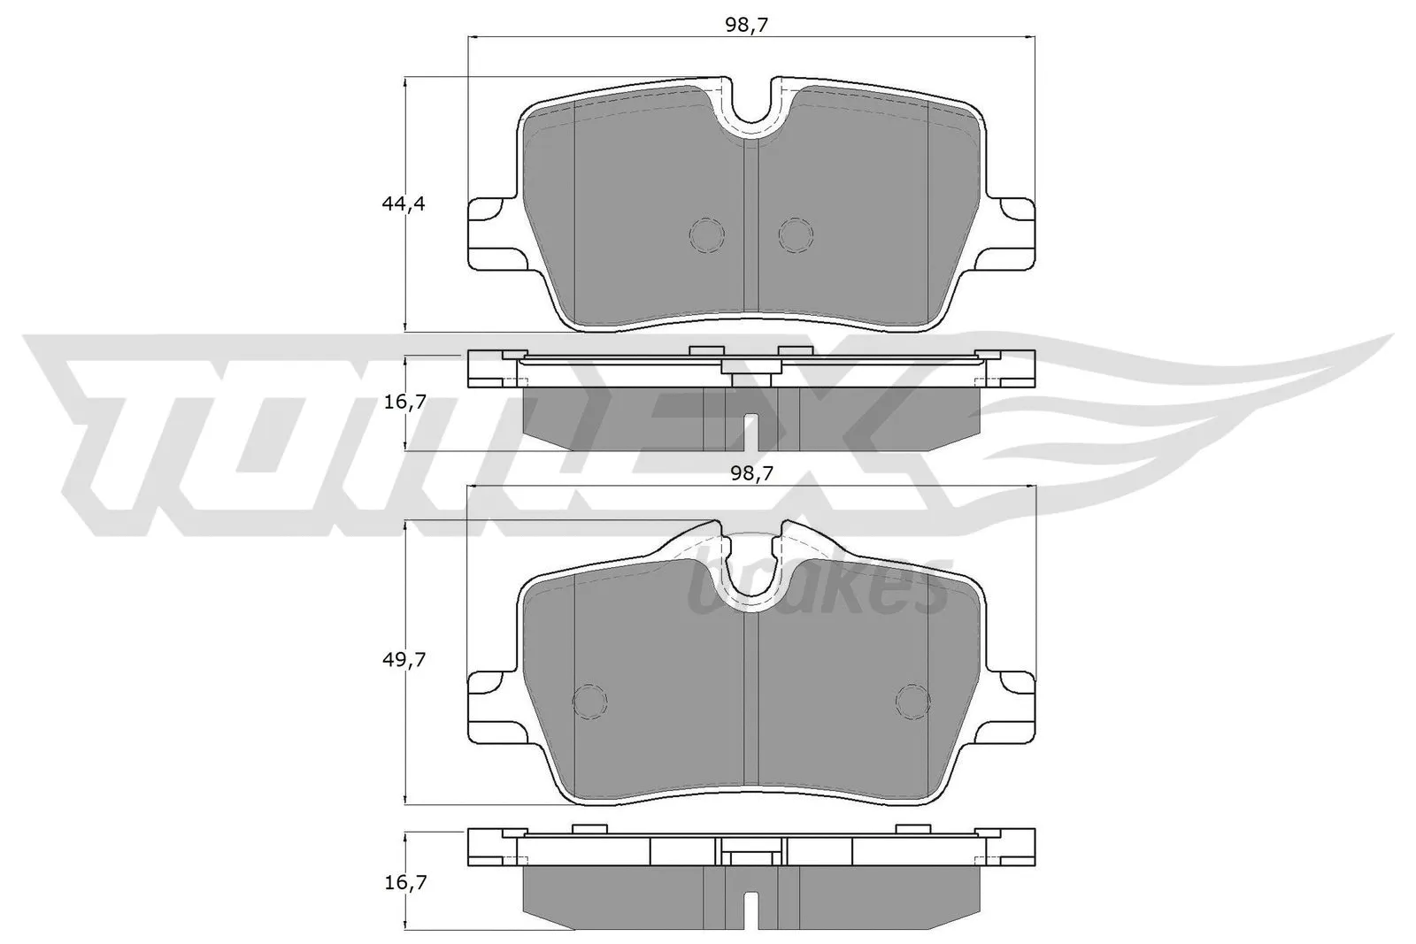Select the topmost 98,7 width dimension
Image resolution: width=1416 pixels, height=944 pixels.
[746, 26]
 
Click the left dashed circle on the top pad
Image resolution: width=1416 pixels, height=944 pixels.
[706, 234]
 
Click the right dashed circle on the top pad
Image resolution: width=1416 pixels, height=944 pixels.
[795, 234]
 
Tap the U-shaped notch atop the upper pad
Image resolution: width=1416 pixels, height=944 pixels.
[750, 106]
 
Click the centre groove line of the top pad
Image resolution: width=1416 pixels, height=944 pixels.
[750, 230]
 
